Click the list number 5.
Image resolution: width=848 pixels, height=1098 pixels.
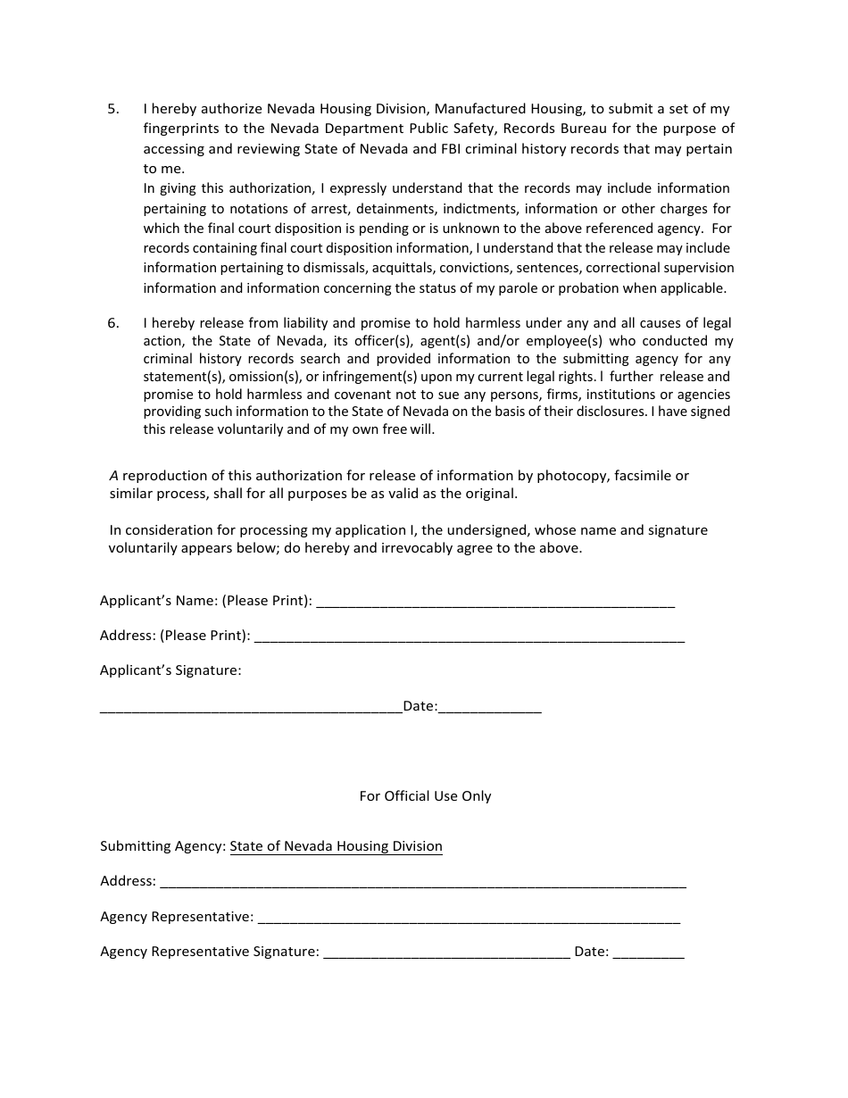[x=112, y=109]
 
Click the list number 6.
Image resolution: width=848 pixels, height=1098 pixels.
[x=112, y=323]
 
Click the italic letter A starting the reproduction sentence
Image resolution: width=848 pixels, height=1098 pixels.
[x=113, y=476]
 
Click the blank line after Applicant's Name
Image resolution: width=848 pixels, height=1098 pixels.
[x=495, y=603]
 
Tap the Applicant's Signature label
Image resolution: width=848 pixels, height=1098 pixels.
[x=170, y=670]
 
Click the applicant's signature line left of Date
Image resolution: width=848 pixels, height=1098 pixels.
[x=251, y=710]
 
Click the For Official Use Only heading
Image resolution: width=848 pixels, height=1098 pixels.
[x=425, y=796]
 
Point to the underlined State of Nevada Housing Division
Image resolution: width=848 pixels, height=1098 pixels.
[x=336, y=846]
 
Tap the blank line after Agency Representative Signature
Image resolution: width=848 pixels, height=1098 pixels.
[x=446, y=954]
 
